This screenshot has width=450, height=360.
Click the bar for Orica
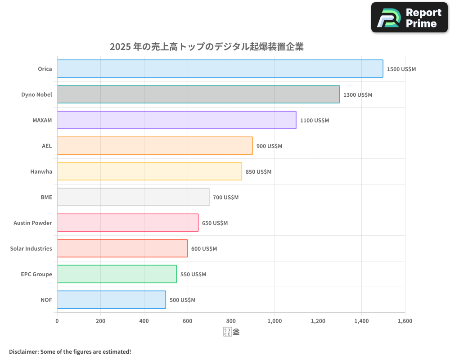[x=220, y=69]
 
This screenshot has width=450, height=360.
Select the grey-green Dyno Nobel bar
[x=198, y=94]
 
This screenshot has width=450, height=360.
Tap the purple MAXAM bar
[x=176, y=120]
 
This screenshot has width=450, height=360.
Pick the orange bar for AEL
[x=155, y=146]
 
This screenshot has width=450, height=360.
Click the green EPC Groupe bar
[x=117, y=274]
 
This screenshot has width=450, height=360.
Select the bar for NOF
[x=111, y=300]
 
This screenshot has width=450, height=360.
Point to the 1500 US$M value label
[x=401, y=69]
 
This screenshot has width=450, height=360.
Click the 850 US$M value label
[x=258, y=172]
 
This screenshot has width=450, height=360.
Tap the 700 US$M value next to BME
[x=225, y=198]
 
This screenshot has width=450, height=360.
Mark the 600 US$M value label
[x=204, y=249]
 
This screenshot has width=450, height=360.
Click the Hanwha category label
[x=41, y=171]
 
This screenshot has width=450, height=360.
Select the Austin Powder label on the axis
[x=32, y=223]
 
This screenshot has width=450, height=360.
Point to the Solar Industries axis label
[x=31, y=248]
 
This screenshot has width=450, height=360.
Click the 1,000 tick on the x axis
[x=274, y=321]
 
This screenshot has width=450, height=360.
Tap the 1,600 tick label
[x=405, y=321]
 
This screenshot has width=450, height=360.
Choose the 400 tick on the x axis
[x=144, y=321]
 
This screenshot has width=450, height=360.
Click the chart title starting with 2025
[x=207, y=47]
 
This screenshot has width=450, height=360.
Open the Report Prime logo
[x=409, y=18]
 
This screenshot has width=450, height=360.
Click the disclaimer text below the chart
[x=70, y=351]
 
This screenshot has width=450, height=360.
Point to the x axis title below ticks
[x=231, y=333]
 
